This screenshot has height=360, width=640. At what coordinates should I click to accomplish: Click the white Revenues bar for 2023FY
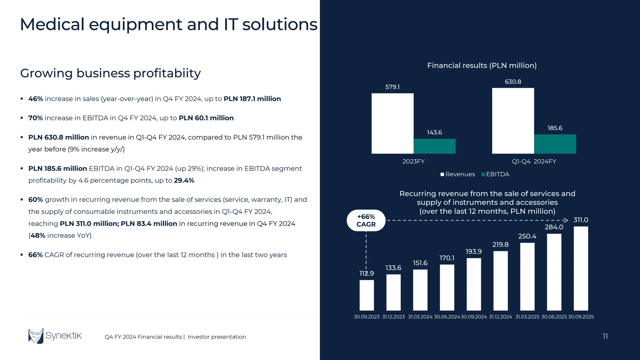392,123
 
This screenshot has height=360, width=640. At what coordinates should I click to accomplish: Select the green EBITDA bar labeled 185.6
555,144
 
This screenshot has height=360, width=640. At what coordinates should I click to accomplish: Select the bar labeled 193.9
474,284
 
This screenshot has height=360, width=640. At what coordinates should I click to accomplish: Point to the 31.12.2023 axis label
393,317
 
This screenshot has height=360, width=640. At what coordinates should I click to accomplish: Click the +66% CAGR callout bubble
366,221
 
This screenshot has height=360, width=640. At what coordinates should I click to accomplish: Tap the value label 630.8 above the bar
513,82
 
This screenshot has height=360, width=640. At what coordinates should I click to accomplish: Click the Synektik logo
55,336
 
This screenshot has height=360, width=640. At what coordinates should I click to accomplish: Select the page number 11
605,336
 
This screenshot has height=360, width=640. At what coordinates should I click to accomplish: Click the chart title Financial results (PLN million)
482,66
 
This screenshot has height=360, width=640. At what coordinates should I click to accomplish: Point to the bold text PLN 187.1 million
252,99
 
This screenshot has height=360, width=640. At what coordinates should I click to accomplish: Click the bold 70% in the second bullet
35,118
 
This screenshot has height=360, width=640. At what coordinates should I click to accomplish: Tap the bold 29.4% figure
184,181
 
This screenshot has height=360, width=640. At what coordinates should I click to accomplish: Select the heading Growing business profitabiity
110,73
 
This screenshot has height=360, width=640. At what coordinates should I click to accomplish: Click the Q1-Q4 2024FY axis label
534,162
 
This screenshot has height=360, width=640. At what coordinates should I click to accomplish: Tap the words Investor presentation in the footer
217,337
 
